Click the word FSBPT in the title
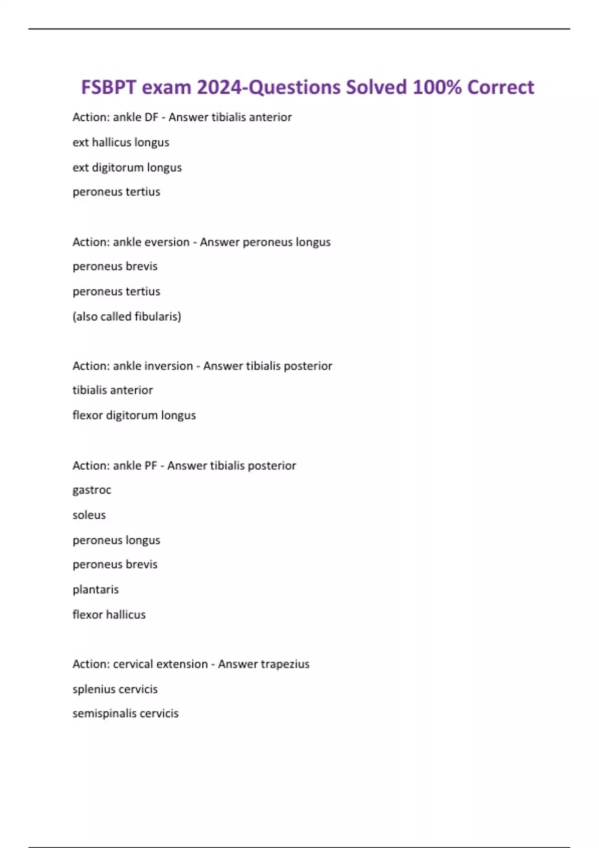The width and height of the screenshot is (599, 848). point(108,87)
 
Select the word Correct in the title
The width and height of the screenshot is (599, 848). point(501,87)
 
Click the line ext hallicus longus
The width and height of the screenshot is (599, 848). point(121,143)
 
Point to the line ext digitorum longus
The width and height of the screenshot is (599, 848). point(127,168)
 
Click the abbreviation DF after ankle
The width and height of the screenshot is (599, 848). point(151,117)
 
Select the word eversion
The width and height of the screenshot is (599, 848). point(166,242)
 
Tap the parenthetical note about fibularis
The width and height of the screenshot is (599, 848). point(127,316)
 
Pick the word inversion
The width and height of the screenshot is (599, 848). point(168,366)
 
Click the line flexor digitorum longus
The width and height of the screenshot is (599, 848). point(134,415)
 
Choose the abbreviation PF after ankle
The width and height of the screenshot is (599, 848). point(150,465)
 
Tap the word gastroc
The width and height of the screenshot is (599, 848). point(92,490)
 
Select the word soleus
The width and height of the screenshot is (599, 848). point(89,515)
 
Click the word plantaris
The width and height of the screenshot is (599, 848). point(95,590)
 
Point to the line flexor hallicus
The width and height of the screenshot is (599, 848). point(109,615)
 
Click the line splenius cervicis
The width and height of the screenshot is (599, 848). point(115,689)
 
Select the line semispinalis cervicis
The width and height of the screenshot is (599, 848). point(125,713)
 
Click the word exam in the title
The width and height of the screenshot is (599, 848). point(166,87)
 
